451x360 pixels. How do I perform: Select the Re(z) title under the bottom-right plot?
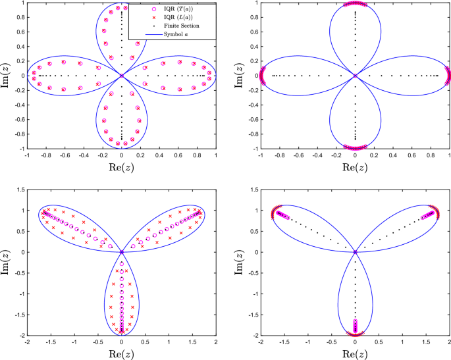356,355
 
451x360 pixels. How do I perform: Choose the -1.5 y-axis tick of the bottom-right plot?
250,314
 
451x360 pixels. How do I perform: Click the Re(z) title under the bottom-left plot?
122,355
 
